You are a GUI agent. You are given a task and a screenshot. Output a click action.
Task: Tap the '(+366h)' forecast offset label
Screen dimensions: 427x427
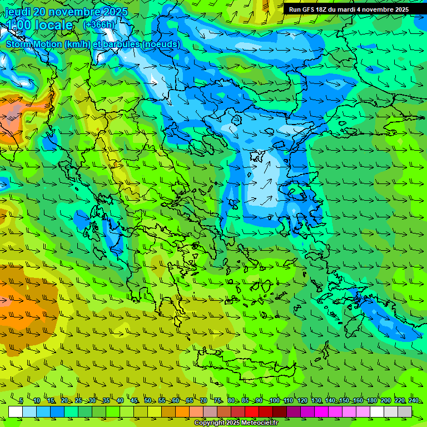[99, 24]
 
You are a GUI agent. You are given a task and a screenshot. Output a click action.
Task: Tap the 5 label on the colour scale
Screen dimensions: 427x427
[21, 401]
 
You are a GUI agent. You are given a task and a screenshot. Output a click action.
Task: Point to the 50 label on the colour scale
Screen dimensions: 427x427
[148, 401]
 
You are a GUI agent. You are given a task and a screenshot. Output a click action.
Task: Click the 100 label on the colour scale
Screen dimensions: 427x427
[274, 401]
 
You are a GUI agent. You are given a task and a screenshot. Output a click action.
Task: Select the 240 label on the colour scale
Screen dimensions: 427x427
[414, 401]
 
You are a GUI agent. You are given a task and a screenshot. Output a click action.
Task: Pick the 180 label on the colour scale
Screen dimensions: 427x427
[372, 401]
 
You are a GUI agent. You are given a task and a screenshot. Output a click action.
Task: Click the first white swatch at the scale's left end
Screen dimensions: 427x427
[16, 411]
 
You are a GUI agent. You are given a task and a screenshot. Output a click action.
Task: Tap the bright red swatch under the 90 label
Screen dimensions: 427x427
[252, 411]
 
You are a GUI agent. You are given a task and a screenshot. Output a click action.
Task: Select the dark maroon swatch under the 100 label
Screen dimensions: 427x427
[280, 411]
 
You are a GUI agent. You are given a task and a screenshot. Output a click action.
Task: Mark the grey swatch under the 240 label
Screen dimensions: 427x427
[405, 411]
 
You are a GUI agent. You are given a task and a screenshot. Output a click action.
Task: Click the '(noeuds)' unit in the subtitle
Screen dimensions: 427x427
[161, 44]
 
